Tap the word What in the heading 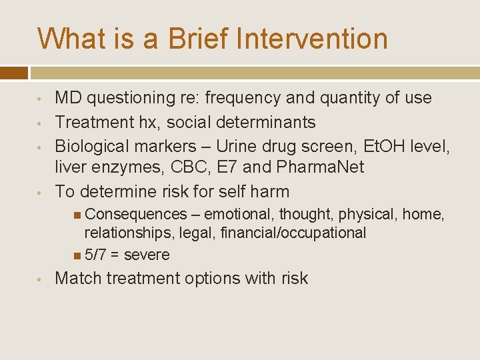click(x=67, y=38)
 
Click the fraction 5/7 click(x=95, y=255)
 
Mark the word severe click(x=147, y=255)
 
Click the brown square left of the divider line click(x=14, y=72)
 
